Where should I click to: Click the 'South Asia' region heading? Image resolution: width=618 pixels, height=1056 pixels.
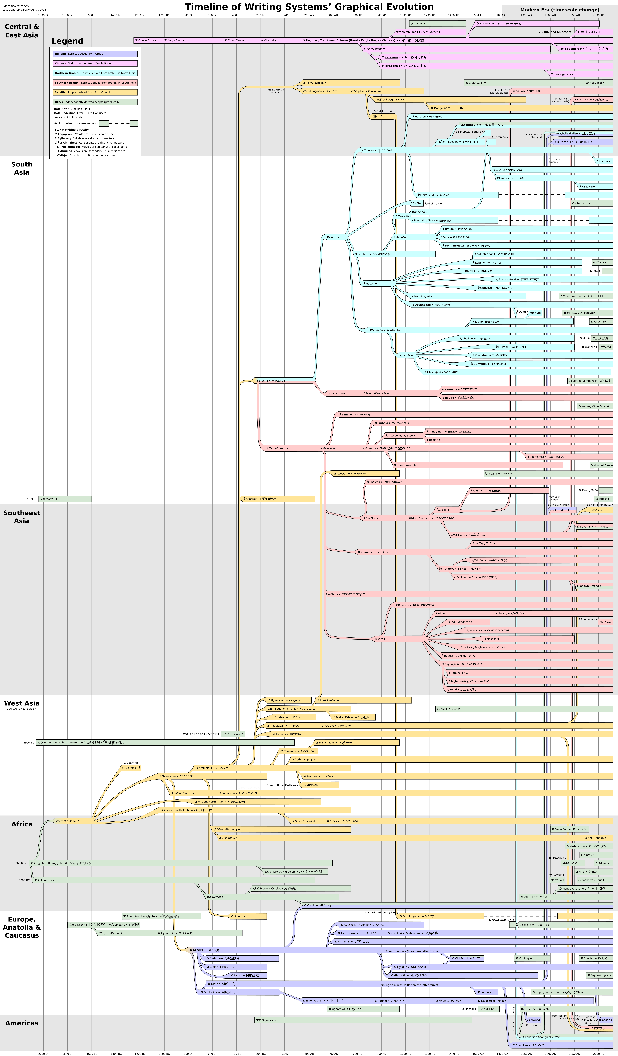(x=22, y=168)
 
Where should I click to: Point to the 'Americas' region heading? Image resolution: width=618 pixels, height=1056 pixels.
(x=22, y=1023)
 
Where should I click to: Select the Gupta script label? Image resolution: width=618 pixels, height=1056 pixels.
(x=333, y=237)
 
